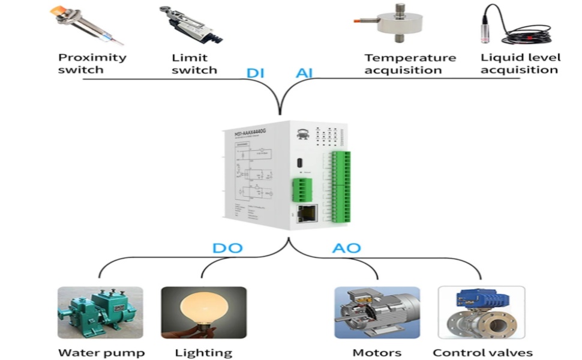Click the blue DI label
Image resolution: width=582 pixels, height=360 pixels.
tap(256, 73)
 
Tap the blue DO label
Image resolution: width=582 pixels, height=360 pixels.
tap(227, 247)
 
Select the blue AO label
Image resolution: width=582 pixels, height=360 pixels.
tap(346, 247)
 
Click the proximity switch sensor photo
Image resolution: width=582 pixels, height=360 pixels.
tap(88, 25)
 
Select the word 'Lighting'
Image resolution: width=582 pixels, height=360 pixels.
tap(203, 352)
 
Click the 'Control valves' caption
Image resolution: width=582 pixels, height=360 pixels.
tap(482, 352)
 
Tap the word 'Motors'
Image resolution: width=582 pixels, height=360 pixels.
tap(377, 352)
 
